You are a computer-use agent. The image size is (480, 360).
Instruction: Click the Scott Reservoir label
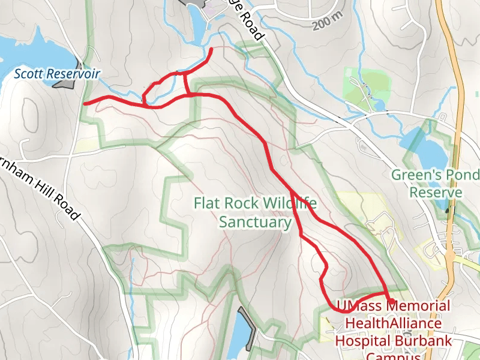pos(57,74)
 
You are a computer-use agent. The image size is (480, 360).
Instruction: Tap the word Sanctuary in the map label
pos(254,222)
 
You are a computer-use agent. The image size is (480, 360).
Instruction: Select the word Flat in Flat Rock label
pos(206,203)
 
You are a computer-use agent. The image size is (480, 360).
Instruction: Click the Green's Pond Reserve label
pos(436,184)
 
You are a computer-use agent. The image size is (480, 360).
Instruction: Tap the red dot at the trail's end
pos(391,301)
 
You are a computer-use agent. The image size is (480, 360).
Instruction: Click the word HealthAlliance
pos(393,323)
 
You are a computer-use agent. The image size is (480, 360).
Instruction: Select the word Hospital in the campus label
pos(364,340)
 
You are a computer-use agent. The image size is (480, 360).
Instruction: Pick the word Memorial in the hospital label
pos(418,306)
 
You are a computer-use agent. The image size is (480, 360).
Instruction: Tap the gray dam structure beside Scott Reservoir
pos(66,82)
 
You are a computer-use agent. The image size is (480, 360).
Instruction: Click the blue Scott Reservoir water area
pos(30,48)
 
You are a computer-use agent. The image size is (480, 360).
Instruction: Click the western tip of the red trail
pos(85,103)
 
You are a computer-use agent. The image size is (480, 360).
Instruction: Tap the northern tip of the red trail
pos(213,48)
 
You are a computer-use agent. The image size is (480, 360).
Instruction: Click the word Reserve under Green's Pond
pos(436,193)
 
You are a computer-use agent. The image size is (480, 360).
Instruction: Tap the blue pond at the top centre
pos(197,24)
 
